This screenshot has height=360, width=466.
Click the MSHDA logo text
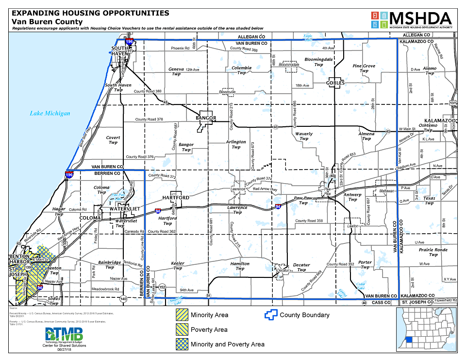420,18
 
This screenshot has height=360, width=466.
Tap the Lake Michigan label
50,113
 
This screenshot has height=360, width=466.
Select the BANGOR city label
206,118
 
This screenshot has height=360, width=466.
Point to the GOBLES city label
335,83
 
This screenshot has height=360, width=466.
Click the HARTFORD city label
176,198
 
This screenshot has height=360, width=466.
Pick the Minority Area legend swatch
182,315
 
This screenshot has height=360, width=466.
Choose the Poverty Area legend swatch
182,329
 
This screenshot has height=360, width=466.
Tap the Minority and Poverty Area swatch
182,344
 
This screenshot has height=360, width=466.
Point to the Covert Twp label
113,140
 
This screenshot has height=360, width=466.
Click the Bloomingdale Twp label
318,62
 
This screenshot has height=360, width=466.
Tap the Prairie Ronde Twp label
433,252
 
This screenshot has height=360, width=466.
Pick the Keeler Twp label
178,265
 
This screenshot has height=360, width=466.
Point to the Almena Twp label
366,136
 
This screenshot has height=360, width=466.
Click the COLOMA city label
90,218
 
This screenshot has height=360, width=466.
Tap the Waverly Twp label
304,136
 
